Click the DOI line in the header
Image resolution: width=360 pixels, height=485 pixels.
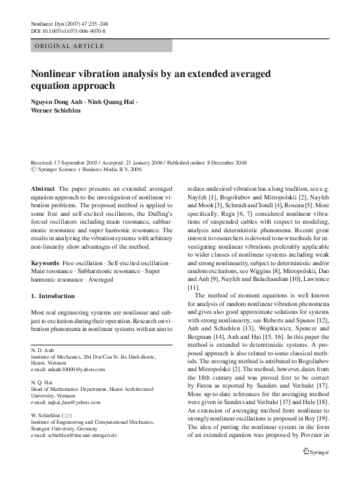point(68,31)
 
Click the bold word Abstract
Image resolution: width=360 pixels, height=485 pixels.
point(43,188)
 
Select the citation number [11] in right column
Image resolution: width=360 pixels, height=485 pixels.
point(193,287)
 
